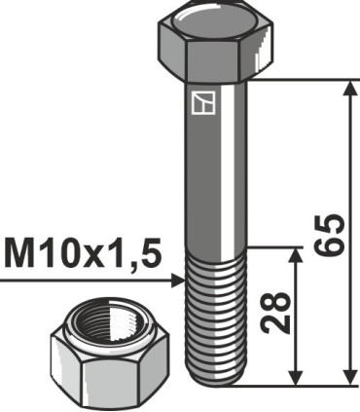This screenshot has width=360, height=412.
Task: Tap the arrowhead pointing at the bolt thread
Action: pyautogui.click(x=175, y=280)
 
